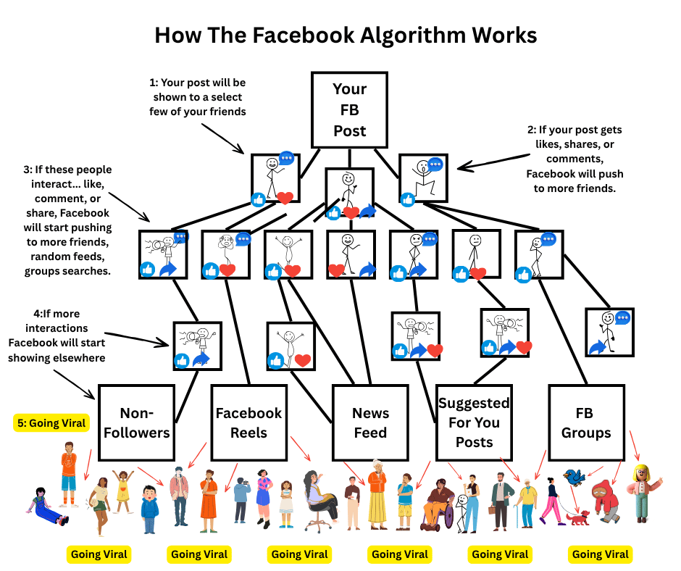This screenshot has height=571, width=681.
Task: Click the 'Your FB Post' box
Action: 349,109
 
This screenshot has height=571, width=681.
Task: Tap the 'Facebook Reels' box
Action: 248,422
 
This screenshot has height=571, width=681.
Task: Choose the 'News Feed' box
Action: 370,422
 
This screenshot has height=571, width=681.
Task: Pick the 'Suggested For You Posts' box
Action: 474,422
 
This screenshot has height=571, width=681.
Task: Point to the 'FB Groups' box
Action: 585,422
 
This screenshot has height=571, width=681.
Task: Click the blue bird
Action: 575,478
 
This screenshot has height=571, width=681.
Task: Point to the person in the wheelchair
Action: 438,503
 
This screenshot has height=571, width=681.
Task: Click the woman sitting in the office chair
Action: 319,495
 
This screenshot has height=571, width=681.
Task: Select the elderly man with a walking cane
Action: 527,501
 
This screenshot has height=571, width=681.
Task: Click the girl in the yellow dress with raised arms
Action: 123,491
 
